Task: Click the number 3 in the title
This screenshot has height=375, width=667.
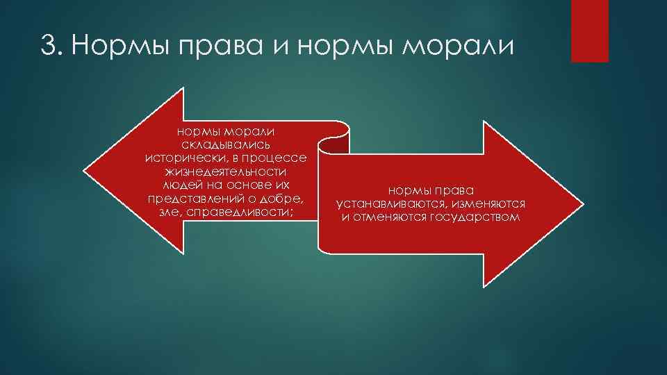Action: click(x=48, y=47)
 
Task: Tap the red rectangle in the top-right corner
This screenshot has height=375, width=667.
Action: click(x=589, y=31)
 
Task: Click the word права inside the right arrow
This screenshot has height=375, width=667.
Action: click(x=454, y=190)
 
